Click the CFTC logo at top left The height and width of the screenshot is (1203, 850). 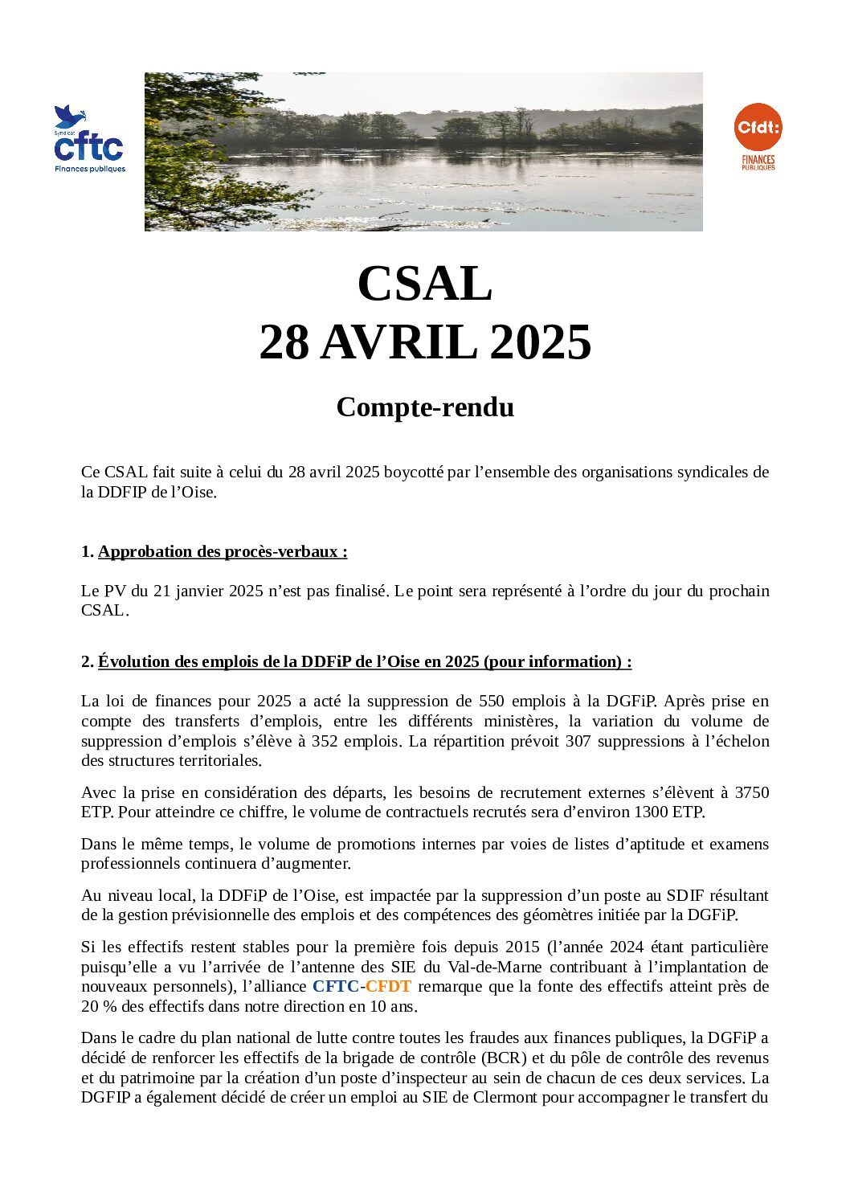(89, 140)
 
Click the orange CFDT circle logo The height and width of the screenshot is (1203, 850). (758, 127)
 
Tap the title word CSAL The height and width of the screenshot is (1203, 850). (424, 284)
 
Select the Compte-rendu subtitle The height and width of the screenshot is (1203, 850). (424, 407)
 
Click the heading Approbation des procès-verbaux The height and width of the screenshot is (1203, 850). (223, 552)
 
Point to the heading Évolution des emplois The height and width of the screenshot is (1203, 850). (364, 662)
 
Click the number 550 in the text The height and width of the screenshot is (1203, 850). (492, 702)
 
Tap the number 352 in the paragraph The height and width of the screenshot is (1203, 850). (325, 741)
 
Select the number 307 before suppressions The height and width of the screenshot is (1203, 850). (578, 741)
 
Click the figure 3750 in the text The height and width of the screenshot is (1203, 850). (752, 792)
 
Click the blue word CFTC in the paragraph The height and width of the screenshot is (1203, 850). (335, 987)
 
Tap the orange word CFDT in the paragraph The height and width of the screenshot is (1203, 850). (388, 987)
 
